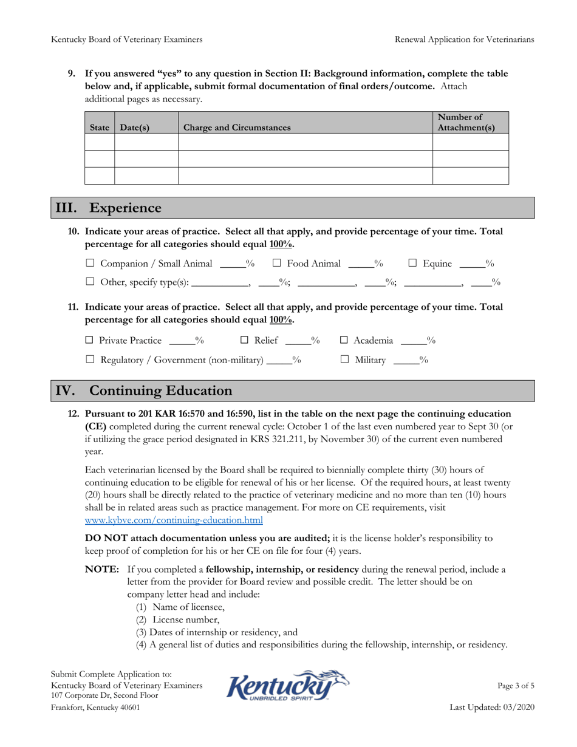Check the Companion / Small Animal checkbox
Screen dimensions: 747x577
pos(90,264)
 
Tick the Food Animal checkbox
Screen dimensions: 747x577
pos(276,264)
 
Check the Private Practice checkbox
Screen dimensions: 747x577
pos(89,341)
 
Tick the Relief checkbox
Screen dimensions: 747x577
pos(245,341)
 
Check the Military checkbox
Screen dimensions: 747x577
pos(344,361)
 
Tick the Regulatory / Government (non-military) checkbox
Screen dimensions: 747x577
pos(90,361)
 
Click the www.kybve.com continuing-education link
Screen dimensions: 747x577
pos(174,520)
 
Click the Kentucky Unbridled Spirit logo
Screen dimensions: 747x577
pos(288,687)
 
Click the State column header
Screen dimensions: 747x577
pos(99,128)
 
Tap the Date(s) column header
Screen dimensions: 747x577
pos(135,128)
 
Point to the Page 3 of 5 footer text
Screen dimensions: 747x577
pos(516,686)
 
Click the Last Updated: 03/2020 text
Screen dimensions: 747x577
pos(492,708)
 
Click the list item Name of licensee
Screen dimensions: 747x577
pos(180,607)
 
